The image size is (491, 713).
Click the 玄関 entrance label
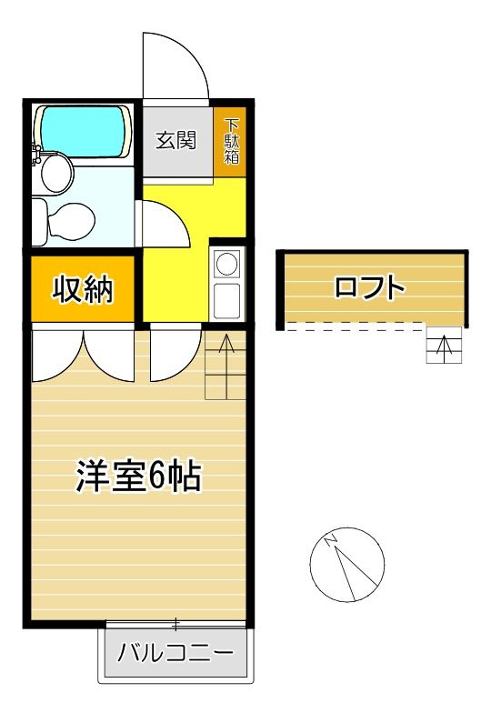(x=176, y=141)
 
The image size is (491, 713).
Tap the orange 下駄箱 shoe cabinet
(x=233, y=142)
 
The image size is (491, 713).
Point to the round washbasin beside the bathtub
(x=57, y=173)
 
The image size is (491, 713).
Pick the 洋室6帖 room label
(x=138, y=476)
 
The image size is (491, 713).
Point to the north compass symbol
(x=347, y=564)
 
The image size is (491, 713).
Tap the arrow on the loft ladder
(x=445, y=346)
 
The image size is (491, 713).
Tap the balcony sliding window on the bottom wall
(x=175, y=624)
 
